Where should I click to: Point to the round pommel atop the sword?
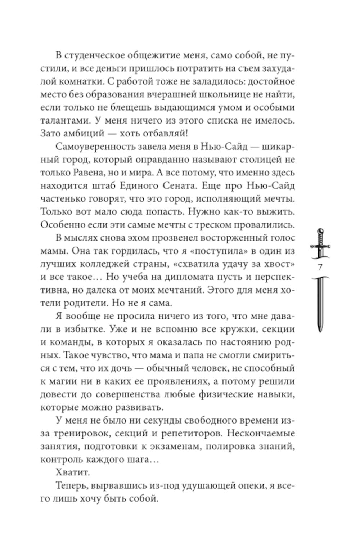320,231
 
